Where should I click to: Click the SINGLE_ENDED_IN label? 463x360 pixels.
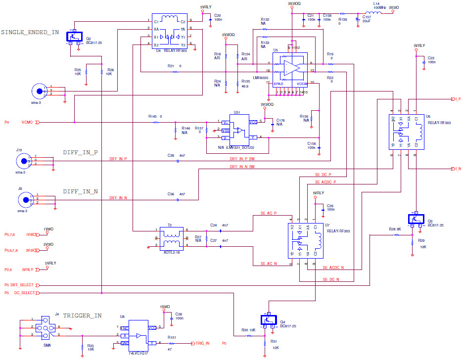(x=30, y=32)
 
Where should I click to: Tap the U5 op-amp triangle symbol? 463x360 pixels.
(x=291, y=68)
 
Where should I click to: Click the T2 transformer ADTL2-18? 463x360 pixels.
(x=172, y=237)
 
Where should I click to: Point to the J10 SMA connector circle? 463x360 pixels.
(x=23, y=161)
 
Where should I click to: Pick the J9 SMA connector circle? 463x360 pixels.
(x=23, y=199)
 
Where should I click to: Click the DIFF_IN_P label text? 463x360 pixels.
(x=80, y=152)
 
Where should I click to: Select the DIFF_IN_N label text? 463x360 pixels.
(x=80, y=191)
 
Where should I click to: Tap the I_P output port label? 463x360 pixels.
(x=458, y=99)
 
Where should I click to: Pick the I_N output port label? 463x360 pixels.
(x=458, y=169)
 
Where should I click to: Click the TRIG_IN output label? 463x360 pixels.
(x=202, y=343)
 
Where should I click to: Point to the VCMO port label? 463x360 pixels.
(x=27, y=122)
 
